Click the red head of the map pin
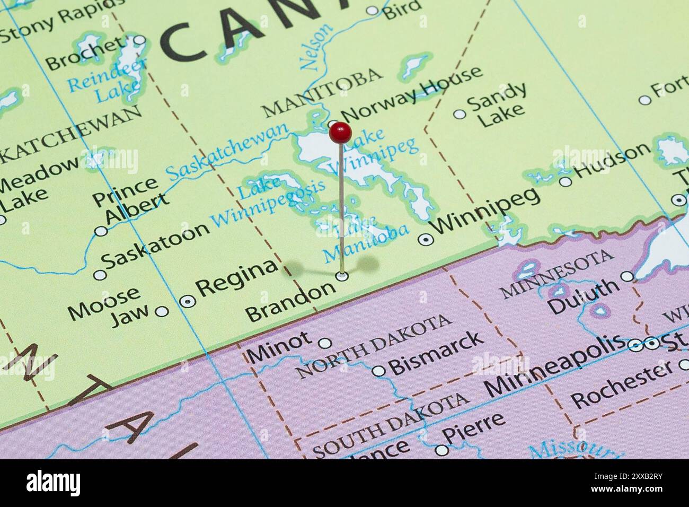coord(340,132)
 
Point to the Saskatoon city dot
coord(100,275)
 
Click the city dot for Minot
coord(325,343)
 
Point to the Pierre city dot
coord(441,451)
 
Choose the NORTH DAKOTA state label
coord(374,345)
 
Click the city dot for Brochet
coord(139,40)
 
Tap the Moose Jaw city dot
coord(162,311)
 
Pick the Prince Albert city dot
coord(100,231)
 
